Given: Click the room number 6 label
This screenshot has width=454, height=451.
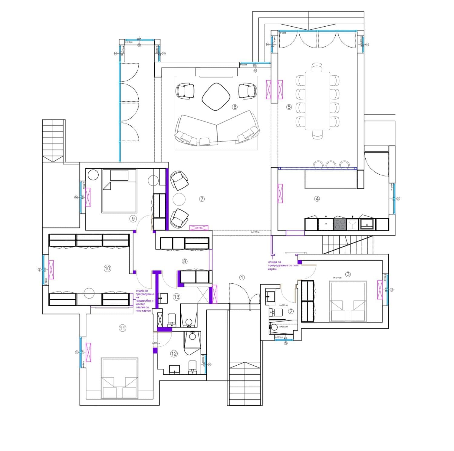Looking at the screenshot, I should [235, 107].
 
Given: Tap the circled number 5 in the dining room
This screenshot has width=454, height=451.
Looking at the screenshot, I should [289, 107].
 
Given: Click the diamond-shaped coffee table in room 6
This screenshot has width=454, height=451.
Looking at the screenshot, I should [216, 97].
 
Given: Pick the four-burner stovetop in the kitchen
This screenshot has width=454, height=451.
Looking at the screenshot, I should [340, 225].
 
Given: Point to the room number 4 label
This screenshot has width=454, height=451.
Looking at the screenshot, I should [317, 199].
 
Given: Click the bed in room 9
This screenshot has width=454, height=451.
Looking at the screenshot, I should [120, 191].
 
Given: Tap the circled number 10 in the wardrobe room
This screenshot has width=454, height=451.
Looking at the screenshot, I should [107, 268].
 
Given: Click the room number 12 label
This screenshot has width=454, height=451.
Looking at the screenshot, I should [174, 354].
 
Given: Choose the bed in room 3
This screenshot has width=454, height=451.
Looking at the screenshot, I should [348, 301].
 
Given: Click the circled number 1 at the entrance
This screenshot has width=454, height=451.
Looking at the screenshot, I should [242, 277].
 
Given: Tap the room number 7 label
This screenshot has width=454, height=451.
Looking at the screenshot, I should [202, 199].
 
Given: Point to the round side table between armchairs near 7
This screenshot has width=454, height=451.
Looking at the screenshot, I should [179, 199].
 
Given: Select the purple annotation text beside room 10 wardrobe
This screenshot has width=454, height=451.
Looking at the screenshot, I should [145, 301].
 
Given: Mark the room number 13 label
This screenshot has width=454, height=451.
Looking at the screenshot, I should [176, 297].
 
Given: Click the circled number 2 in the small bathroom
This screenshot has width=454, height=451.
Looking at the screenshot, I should [291, 311].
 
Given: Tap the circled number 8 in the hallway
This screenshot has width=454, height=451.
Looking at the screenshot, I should [184, 261].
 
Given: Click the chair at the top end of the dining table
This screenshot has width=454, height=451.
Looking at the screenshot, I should [317, 67].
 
